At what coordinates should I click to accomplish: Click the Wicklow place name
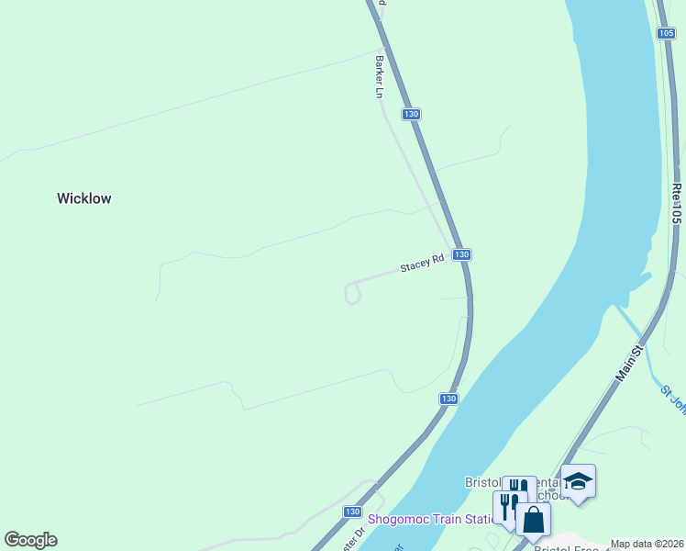[x=83, y=198]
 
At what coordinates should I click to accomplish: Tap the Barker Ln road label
[x=378, y=76]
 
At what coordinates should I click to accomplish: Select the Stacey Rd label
[x=422, y=265]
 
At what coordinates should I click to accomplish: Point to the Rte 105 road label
[x=677, y=204]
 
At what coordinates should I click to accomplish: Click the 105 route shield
[x=667, y=33]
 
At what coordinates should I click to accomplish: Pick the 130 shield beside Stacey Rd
[x=461, y=254]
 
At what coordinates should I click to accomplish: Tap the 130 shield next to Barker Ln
[x=411, y=114]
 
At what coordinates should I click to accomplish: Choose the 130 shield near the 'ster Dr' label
[x=352, y=512]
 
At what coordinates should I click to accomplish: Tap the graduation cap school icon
[x=578, y=480]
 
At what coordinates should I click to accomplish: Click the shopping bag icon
[x=533, y=520]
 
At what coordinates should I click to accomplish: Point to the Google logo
[x=30, y=540]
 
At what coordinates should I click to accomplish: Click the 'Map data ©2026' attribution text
[x=646, y=544]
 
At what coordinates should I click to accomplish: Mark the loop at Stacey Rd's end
[x=352, y=293]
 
